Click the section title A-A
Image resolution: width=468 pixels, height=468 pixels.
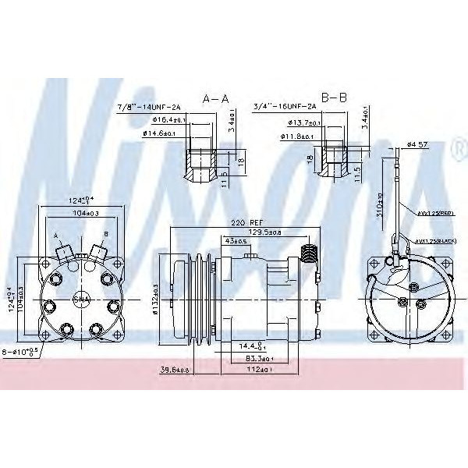[x=215, y=99]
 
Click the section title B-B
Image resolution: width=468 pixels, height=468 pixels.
[x=334, y=98]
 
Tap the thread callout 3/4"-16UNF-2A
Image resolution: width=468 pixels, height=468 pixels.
[x=285, y=107]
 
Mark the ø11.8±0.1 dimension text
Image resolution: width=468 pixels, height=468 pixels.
[x=297, y=137]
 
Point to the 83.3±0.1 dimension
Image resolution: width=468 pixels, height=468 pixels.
[x=258, y=359]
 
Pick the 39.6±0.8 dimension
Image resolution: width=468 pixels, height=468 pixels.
[x=173, y=370]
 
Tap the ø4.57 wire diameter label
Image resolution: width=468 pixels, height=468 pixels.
[x=417, y=144]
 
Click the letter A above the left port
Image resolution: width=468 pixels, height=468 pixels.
[x=56, y=236]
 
